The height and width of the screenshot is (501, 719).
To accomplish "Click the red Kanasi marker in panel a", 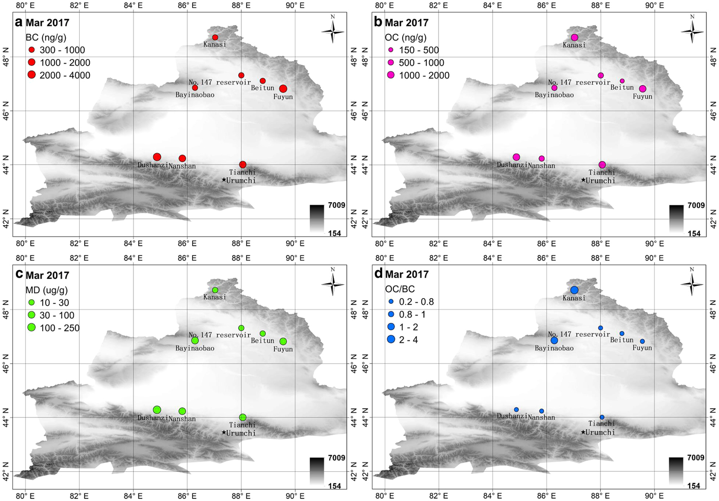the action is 215,37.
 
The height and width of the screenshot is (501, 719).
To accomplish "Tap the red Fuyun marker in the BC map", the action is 283,89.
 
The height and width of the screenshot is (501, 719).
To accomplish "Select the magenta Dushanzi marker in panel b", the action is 516,157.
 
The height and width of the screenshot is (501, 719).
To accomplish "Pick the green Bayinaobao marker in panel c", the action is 195,341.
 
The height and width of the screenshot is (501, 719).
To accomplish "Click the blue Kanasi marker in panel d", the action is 574,290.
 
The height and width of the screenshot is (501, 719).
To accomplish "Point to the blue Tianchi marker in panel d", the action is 602,417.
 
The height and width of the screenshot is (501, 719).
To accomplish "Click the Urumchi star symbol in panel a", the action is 224,180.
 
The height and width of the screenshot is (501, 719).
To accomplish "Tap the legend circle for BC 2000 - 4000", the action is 31,75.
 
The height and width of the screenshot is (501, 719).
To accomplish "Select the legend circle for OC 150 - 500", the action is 391,50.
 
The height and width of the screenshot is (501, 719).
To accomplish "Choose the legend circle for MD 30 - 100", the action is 31,315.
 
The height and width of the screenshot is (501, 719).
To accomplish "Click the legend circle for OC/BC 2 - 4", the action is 391,339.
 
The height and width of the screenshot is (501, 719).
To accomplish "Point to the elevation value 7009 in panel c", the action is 336,458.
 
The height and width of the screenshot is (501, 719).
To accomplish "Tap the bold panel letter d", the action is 379,274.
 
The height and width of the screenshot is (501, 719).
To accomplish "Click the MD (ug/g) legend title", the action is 47,290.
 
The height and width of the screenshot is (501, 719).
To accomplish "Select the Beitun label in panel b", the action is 622,87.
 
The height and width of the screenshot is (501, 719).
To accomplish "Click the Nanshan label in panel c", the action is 182,418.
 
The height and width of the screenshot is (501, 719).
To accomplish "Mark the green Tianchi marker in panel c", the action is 242,417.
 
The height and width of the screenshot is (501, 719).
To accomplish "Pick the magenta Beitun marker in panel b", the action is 622,81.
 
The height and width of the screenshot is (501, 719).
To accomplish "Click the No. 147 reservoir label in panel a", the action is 220,82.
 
